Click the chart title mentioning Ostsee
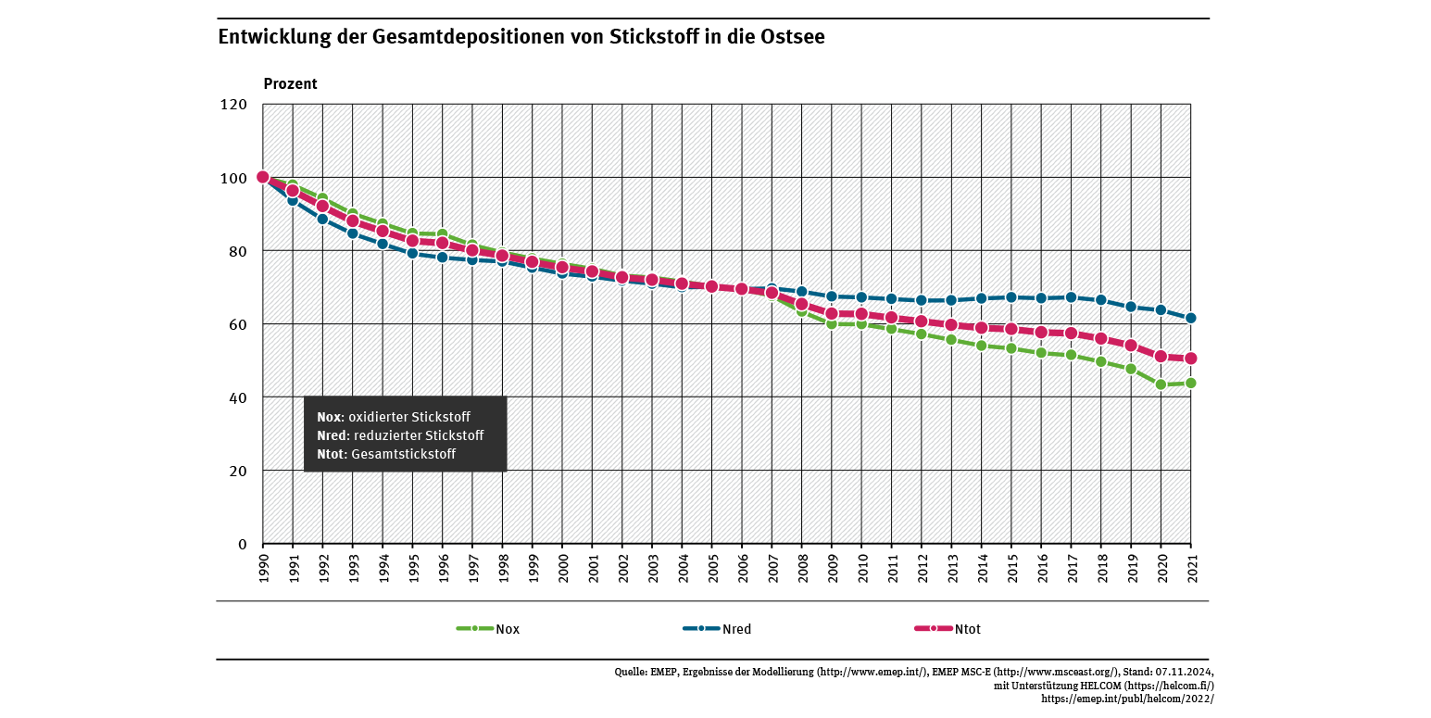pos(521,38)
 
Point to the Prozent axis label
pos(290,84)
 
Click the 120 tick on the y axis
pos(232,105)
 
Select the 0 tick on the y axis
pos(242,544)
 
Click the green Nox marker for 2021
pos(1190,383)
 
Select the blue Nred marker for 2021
pos(1190,318)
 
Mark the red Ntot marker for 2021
pos(1190,359)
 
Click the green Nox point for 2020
pos(1161,384)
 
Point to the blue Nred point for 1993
pos(353,233)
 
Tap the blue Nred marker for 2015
pos(1010,297)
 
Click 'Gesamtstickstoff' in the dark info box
pos(404,454)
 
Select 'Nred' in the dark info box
pos(331,435)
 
